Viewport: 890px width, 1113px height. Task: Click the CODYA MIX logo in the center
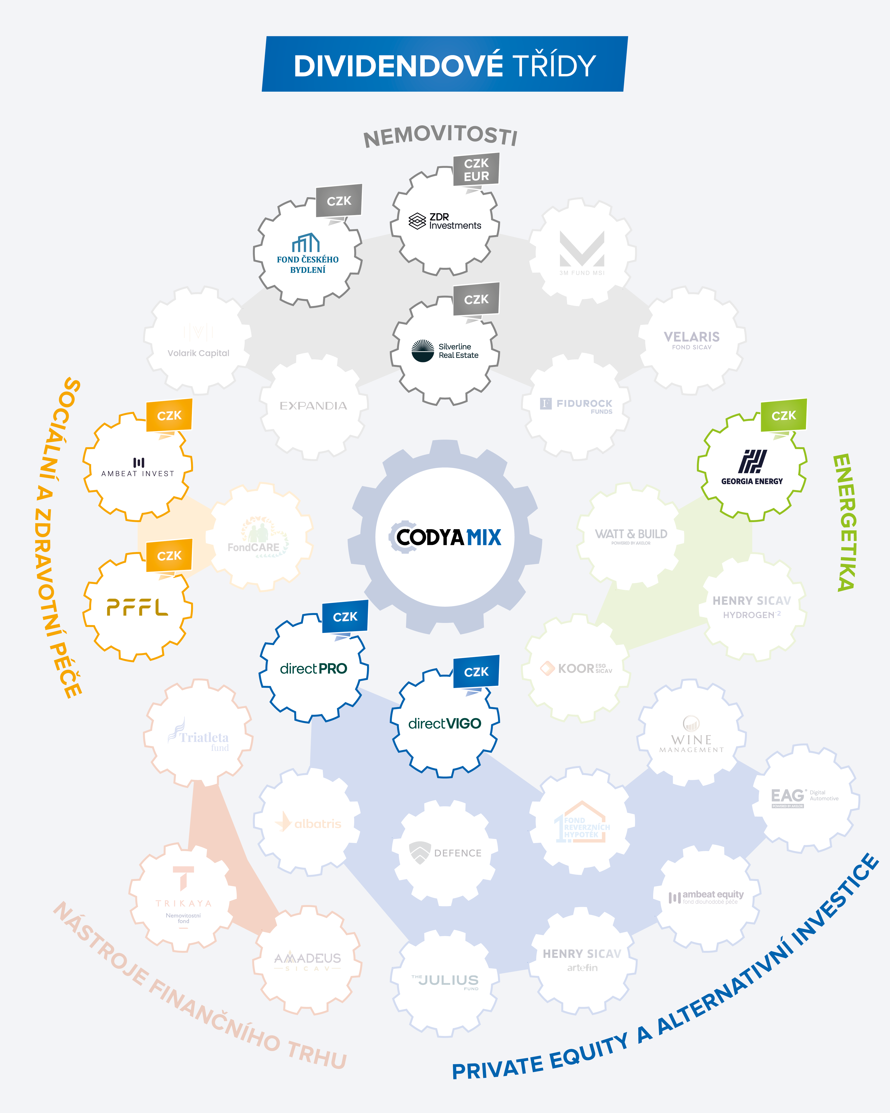pyautogui.click(x=445, y=537)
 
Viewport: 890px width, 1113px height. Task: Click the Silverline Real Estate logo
pyautogui.click(x=445, y=351)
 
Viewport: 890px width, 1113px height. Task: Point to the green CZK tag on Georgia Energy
pyautogui.click(x=783, y=416)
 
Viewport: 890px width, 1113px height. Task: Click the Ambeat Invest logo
pyautogui.click(x=138, y=467)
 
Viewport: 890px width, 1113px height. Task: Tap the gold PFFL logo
pyautogui.click(x=137, y=608)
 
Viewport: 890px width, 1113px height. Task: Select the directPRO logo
pyautogui.click(x=313, y=668)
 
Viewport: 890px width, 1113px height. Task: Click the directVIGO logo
pyautogui.click(x=445, y=723)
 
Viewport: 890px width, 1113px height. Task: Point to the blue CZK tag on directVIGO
pyautogui.click(x=476, y=672)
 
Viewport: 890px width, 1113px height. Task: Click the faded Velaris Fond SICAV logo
pyautogui.click(x=691, y=340)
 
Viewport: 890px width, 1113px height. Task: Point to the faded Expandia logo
pyautogui.click(x=313, y=406)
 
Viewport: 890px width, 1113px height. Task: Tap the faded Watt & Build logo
pyautogui.click(x=631, y=535)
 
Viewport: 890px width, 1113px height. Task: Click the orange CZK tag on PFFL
pyautogui.click(x=169, y=556)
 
